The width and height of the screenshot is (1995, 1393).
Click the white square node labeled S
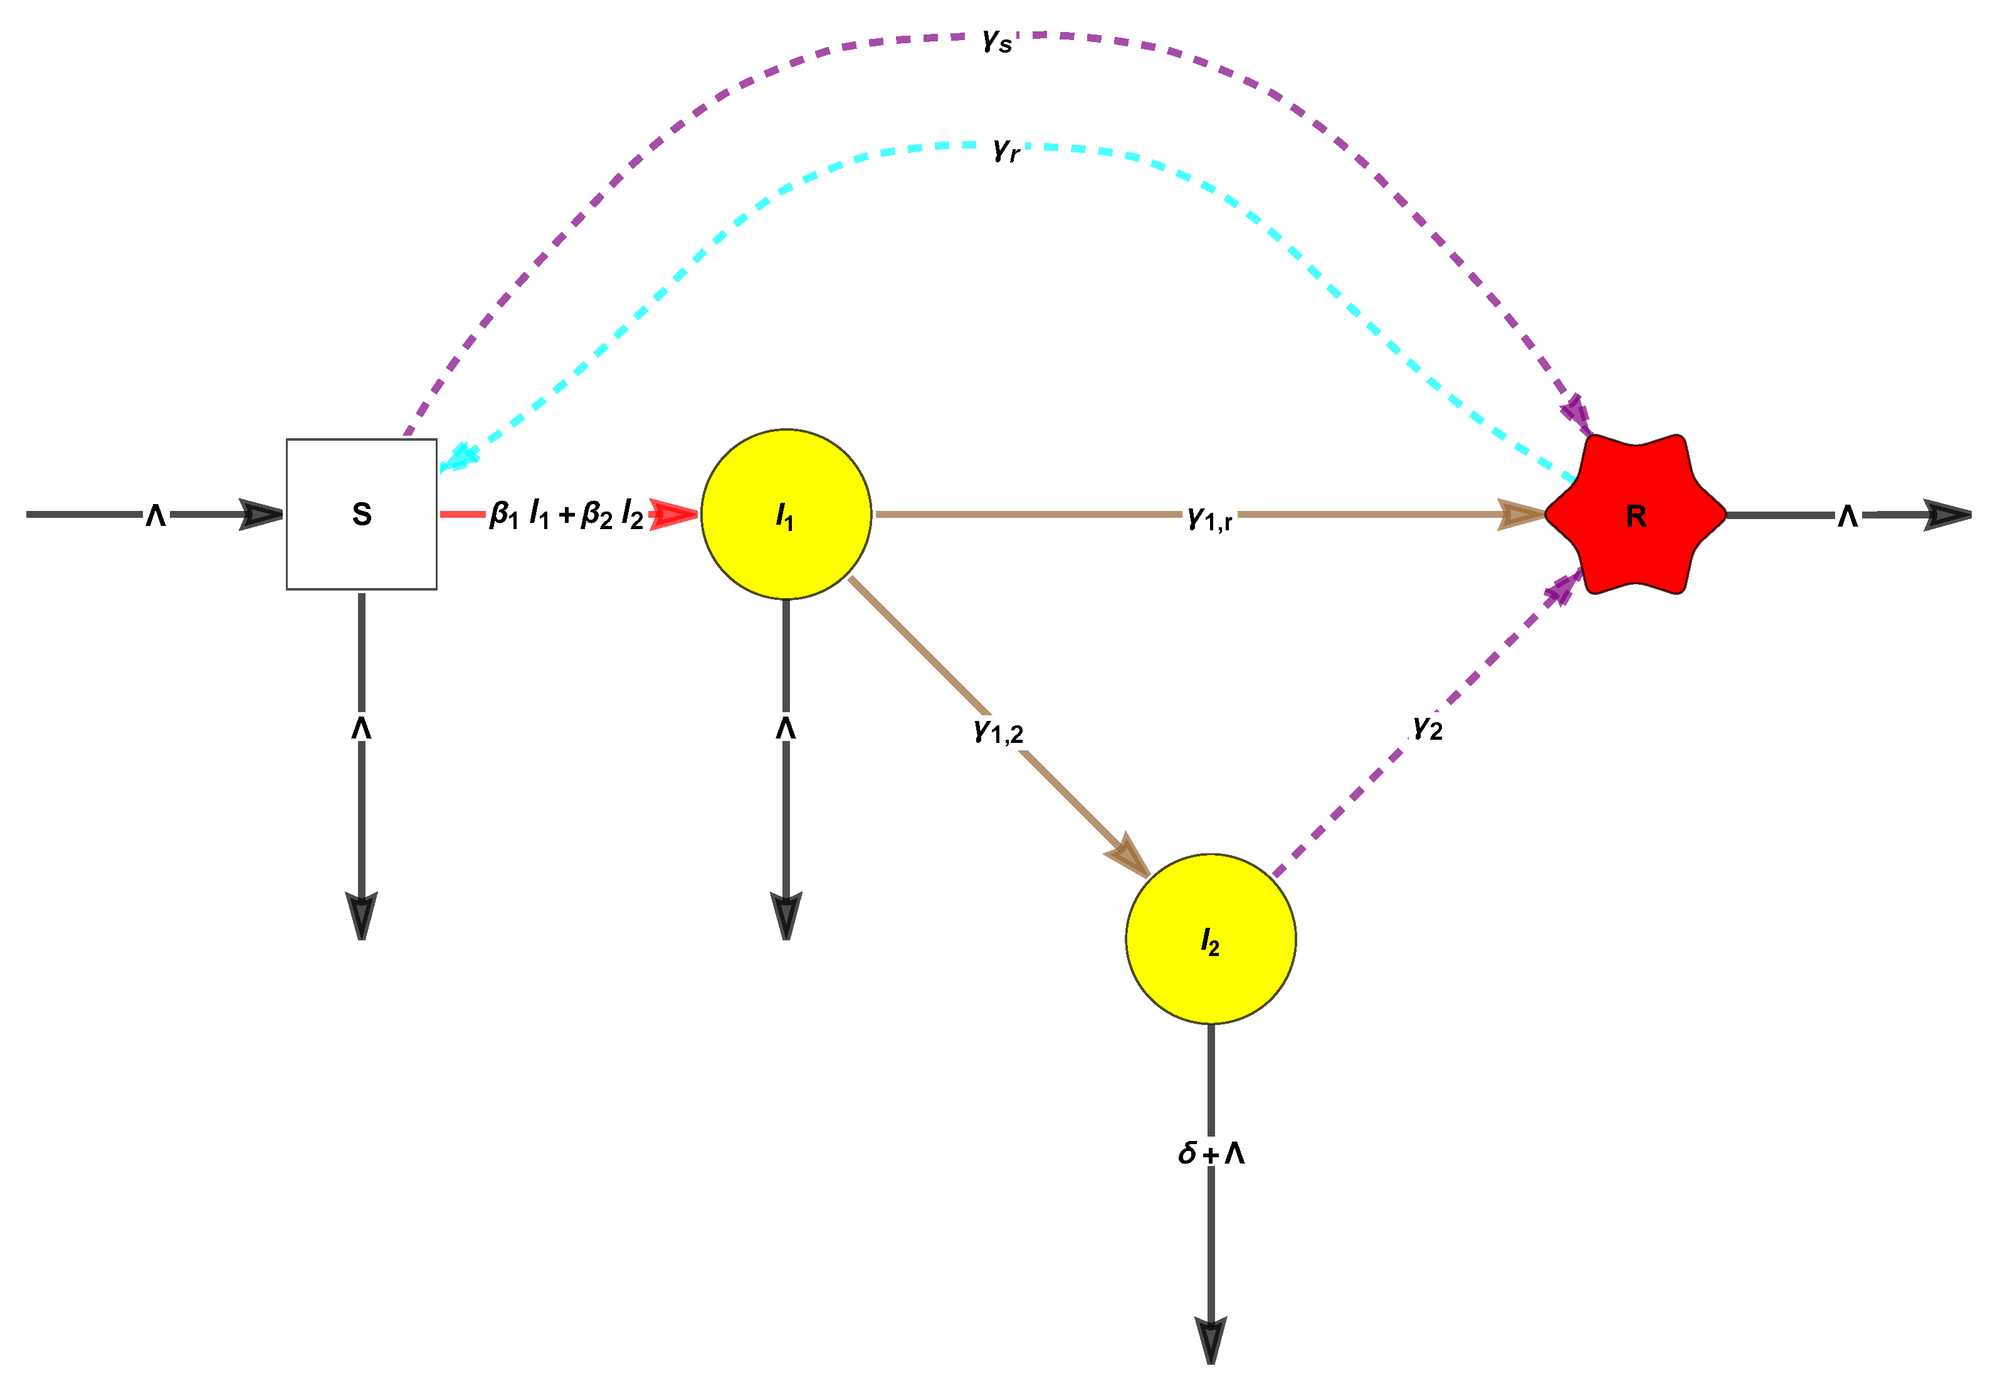362,515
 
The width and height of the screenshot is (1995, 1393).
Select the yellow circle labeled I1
786,515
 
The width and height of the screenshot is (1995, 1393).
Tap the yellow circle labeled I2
1211,939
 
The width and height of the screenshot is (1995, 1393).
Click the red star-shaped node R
1635,515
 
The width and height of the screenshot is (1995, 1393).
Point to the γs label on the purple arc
997,39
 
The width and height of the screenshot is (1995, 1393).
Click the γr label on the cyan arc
1006,149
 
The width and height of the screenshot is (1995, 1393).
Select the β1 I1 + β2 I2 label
567,515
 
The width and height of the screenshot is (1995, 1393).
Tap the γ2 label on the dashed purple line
1428,727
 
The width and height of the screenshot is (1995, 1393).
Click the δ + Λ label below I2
1211,1153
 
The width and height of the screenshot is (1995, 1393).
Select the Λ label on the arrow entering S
155,515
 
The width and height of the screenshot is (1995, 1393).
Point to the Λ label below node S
362,727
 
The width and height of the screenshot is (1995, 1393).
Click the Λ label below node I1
786,727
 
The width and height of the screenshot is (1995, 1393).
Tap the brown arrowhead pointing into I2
1129,856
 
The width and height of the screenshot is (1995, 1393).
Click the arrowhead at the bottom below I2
1211,1339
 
